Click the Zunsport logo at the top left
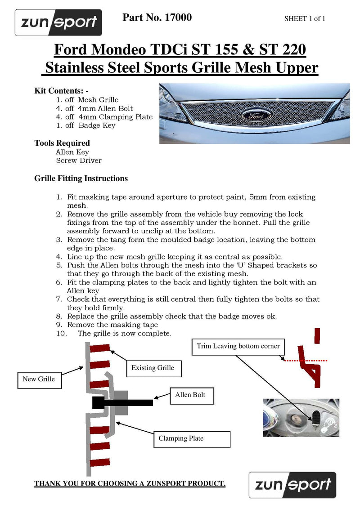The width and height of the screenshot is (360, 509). coord(58,22)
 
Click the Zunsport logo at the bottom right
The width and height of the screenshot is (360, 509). coord(292,485)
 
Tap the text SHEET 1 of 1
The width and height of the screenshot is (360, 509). coord(305,18)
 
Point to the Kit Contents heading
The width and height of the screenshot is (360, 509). coord(61,90)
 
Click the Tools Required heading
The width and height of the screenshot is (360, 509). coord(62,143)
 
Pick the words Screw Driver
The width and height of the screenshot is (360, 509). coord(79,161)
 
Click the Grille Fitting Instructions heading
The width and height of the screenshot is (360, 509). coord(81,179)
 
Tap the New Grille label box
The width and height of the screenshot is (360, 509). coord(39,379)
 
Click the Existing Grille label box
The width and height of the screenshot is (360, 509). coord(153,368)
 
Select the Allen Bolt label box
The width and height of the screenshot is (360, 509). coord(190,395)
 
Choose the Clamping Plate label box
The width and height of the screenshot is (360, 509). coord(193,438)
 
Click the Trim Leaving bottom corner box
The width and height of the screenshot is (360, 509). coord(238,346)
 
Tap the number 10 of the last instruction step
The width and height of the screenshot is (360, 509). coord(61,334)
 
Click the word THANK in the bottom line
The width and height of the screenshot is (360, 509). coord(48,484)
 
